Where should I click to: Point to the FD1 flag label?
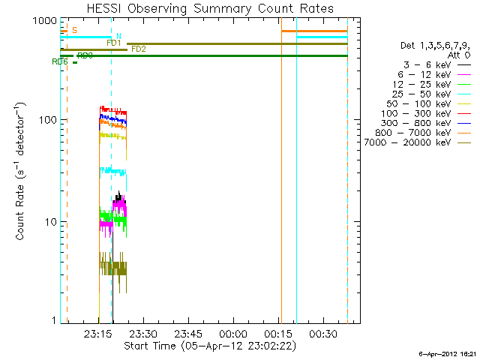[114, 43]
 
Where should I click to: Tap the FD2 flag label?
[139, 49]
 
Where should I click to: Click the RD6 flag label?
[60, 62]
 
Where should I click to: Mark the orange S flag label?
[73, 30]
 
